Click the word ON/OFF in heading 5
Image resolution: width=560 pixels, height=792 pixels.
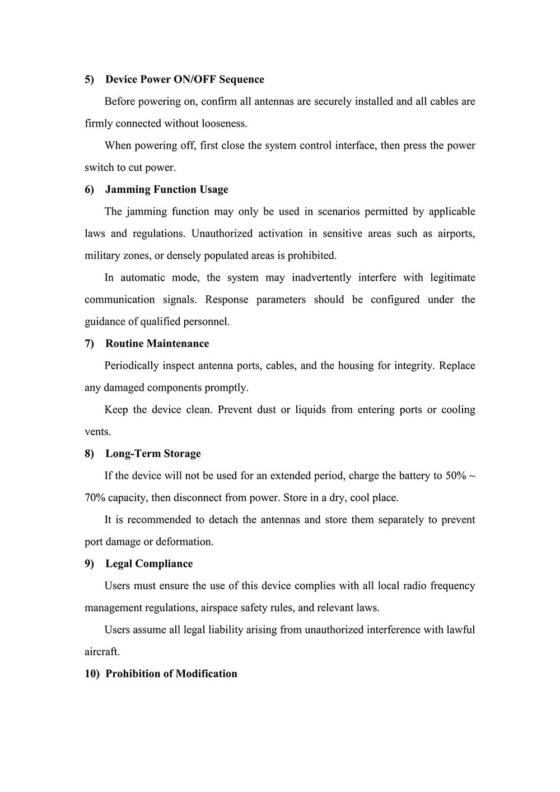[x=195, y=80]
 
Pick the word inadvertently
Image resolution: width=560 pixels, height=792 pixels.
[x=321, y=278]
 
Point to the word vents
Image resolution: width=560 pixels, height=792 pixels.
[x=97, y=432]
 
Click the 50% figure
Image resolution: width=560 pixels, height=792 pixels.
[x=455, y=476]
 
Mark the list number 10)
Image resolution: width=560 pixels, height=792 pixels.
[x=92, y=674]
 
